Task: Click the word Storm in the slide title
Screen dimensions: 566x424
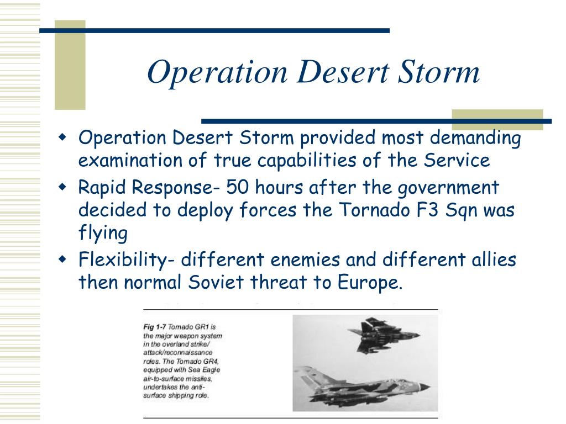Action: tap(438, 72)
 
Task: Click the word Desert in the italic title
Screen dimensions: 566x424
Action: tap(343, 72)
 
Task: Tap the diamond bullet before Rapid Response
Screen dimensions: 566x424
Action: tap(63, 187)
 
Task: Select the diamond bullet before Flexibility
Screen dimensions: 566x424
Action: tap(63, 259)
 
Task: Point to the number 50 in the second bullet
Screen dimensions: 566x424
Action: tap(237, 188)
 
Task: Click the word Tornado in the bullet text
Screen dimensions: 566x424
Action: tap(374, 210)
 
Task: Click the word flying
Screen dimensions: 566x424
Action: tap(103, 234)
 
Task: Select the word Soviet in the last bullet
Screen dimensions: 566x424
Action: tap(216, 282)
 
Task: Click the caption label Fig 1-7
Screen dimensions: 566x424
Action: tap(155, 327)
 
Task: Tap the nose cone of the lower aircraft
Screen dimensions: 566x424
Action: tap(424, 387)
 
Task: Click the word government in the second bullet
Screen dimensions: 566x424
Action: tap(448, 188)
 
